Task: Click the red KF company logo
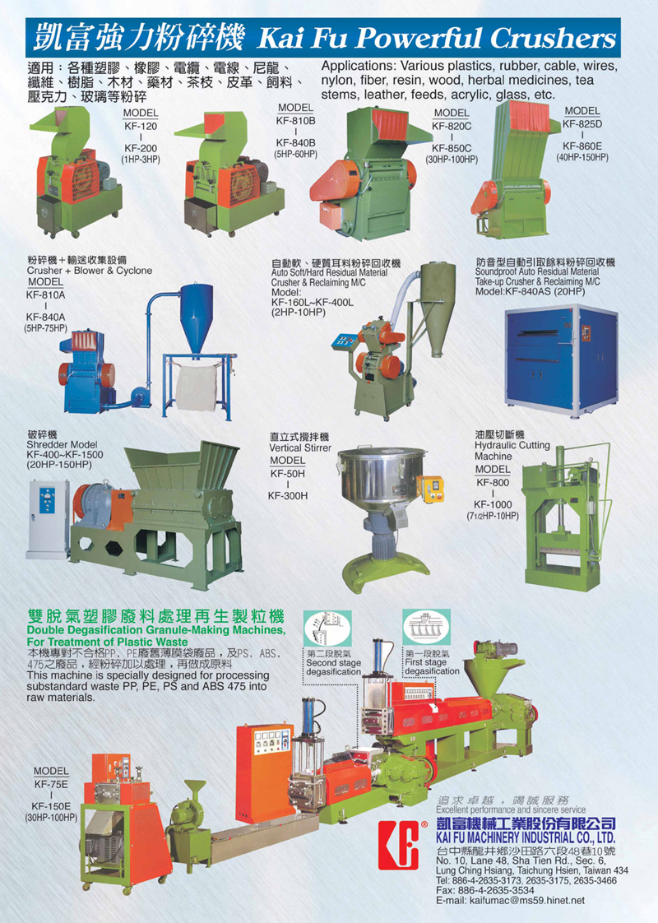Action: pos(400,844)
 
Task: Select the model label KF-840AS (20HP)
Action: pos(531,291)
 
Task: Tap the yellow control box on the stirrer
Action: pos(431,488)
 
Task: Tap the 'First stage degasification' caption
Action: pos(432,662)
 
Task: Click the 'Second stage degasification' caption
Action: pos(333,663)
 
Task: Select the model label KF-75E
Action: pos(51,784)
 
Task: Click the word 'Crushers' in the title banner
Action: pos(553,39)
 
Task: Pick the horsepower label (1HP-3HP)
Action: pos(141,160)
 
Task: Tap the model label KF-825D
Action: pos(582,123)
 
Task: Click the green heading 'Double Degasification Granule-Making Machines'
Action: pos(156,630)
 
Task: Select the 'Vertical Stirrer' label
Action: pos(300,448)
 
